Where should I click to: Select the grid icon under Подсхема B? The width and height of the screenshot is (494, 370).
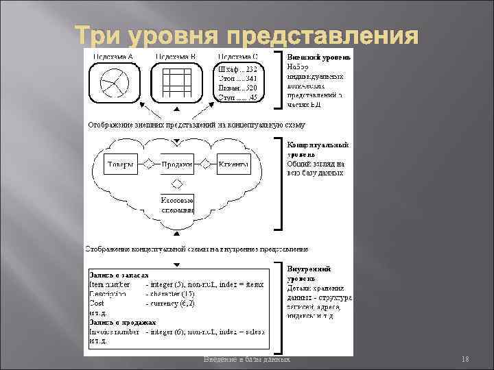[176, 84]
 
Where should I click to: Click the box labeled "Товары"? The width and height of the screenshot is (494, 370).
[119, 164]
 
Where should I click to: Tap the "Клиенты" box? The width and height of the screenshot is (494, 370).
[233, 164]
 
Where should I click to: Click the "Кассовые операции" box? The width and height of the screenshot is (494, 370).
[176, 204]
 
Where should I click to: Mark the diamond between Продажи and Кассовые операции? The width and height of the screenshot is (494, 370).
[176, 183]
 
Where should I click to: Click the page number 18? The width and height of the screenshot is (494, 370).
[464, 360]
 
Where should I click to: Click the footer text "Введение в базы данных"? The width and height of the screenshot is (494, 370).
[247, 360]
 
